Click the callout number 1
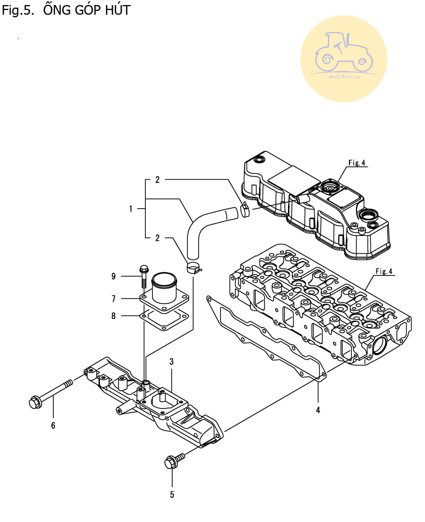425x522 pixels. coord(131,209)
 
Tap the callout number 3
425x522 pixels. coord(171,362)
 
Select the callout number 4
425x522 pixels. coord(318,410)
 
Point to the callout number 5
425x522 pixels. coord(172,495)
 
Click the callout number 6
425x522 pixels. coord(53,426)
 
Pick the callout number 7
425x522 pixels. coord(113,299)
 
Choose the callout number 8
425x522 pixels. coord(113,316)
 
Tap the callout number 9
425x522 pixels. coord(113,276)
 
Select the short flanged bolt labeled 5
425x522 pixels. coord(174,461)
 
